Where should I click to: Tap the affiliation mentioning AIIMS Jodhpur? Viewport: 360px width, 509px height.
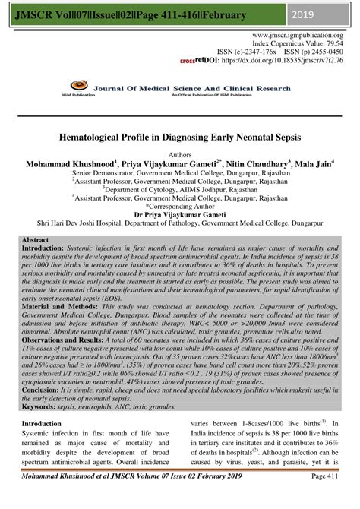[180, 189]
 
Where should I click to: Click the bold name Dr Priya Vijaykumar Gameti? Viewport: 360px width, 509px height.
[180, 215]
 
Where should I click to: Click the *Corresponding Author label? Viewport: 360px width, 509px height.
[180, 206]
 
